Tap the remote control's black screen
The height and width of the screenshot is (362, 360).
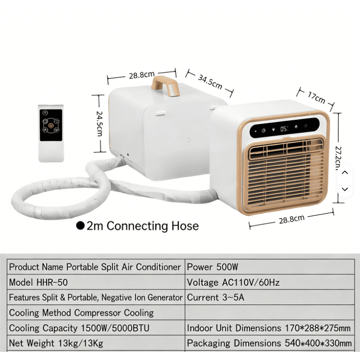click(51, 125)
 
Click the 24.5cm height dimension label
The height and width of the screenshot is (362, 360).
click(99, 123)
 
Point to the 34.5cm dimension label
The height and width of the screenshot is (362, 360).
click(210, 82)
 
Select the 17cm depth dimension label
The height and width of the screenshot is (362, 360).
click(317, 98)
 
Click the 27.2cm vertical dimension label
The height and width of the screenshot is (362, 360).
click(338, 158)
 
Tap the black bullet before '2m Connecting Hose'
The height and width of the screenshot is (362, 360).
click(80, 226)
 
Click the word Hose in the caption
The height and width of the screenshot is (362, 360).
click(185, 226)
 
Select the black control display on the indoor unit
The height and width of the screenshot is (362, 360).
click(285, 128)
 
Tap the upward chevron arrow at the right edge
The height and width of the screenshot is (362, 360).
click(345, 172)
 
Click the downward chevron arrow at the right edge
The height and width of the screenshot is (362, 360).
click(345, 189)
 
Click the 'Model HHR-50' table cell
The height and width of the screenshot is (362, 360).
click(96, 282)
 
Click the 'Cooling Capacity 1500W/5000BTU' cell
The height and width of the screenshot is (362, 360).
click(96, 328)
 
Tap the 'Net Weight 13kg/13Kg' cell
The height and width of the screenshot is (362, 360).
click(96, 343)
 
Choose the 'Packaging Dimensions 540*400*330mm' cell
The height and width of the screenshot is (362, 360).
click(270, 343)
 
